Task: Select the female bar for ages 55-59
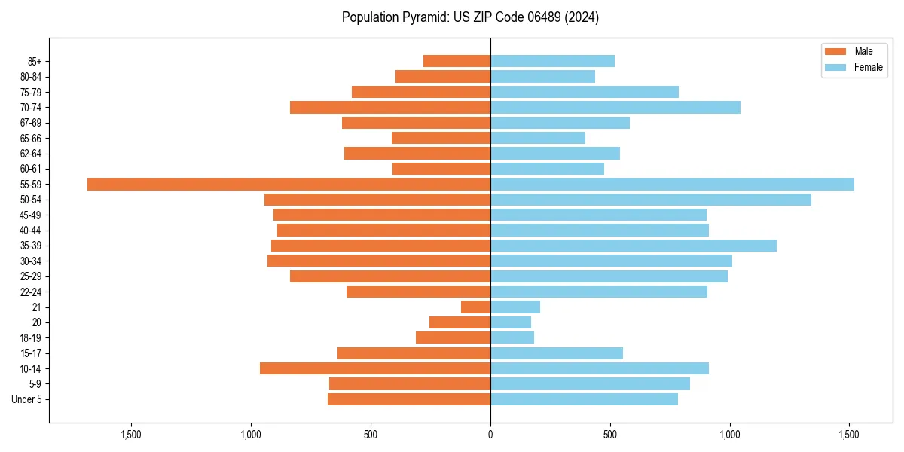click(672, 184)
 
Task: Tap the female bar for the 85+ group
click(552, 61)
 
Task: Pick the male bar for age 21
click(475, 307)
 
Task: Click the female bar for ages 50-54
click(651, 200)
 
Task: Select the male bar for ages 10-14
click(375, 368)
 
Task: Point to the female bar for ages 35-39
click(634, 246)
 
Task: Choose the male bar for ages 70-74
click(390, 107)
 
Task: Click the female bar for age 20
click(511, 322)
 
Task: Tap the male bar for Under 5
click(409, 399)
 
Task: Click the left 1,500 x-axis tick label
click(131, 435)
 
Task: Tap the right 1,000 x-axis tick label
click(730, 435)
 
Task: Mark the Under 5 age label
click(26, 399)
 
